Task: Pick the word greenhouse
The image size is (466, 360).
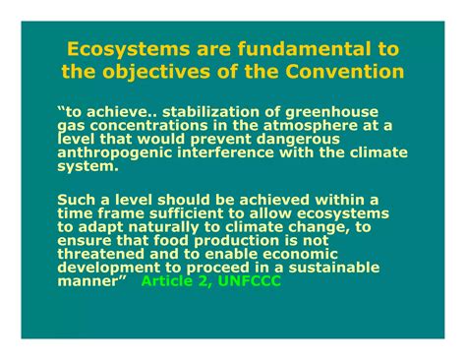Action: (x=337, y=112)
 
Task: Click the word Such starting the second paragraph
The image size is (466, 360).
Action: (x=77, y=200)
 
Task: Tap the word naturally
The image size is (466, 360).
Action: (x=146, y=227)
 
